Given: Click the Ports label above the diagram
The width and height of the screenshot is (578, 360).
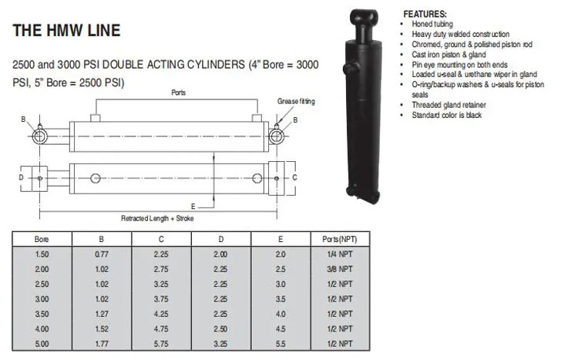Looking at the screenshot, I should (x=178, y=93).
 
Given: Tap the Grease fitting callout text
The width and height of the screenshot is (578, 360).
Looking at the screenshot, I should (x=296, y=101).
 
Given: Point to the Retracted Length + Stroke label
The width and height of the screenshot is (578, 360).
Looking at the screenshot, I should (x=157, y=218).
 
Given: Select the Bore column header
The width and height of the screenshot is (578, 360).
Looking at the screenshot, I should (x=42, y=239).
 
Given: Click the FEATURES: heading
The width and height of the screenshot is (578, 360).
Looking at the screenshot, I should (x=424, y=15).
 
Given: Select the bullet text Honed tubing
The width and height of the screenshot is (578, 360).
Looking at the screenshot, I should (x=432, y=24).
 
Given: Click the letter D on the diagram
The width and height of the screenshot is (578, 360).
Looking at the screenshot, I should (x=20, y=177).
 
